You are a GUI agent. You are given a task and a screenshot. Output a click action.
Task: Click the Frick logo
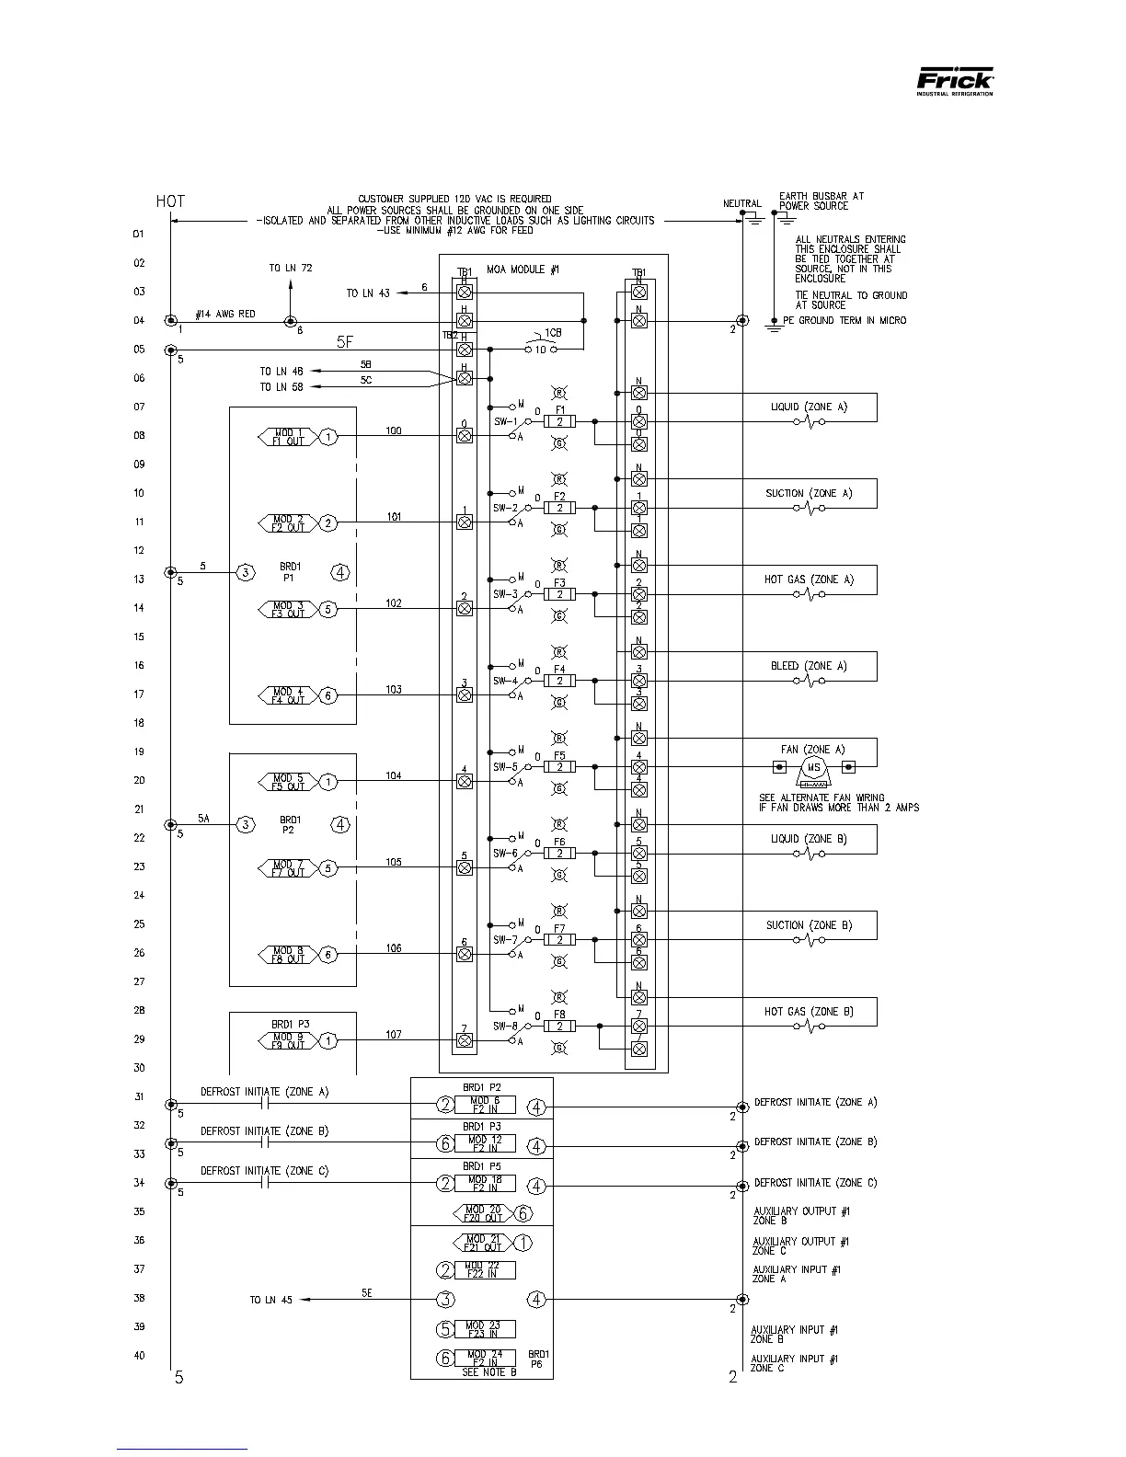955,84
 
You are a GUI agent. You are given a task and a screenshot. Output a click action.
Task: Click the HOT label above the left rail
170,201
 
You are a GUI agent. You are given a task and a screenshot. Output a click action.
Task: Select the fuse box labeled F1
559,421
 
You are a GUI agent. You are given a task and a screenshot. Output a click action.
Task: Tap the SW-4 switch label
505,682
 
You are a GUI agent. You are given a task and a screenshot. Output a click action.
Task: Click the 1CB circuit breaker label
553,332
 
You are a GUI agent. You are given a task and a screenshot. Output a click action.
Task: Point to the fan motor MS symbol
813,767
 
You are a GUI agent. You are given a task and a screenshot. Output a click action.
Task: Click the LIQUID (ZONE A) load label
809,407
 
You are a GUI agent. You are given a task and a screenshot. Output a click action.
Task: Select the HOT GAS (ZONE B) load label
809,1012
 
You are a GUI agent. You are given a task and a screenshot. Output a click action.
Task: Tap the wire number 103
394,690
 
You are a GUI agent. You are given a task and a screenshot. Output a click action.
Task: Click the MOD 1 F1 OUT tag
288,437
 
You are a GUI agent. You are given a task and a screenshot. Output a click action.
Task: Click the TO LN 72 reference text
291,269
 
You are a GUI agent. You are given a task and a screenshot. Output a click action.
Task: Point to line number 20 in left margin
139,780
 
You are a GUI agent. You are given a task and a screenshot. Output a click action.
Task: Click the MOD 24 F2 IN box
484,1358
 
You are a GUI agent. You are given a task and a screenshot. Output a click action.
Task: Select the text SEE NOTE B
483,1372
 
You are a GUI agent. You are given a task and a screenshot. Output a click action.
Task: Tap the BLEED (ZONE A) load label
809,666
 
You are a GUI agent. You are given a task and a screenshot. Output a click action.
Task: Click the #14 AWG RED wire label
225,315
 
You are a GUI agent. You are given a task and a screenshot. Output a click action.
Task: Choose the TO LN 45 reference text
271,1300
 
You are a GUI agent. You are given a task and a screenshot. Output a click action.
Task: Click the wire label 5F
344,341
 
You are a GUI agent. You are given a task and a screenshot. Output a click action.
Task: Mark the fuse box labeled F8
559,1026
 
